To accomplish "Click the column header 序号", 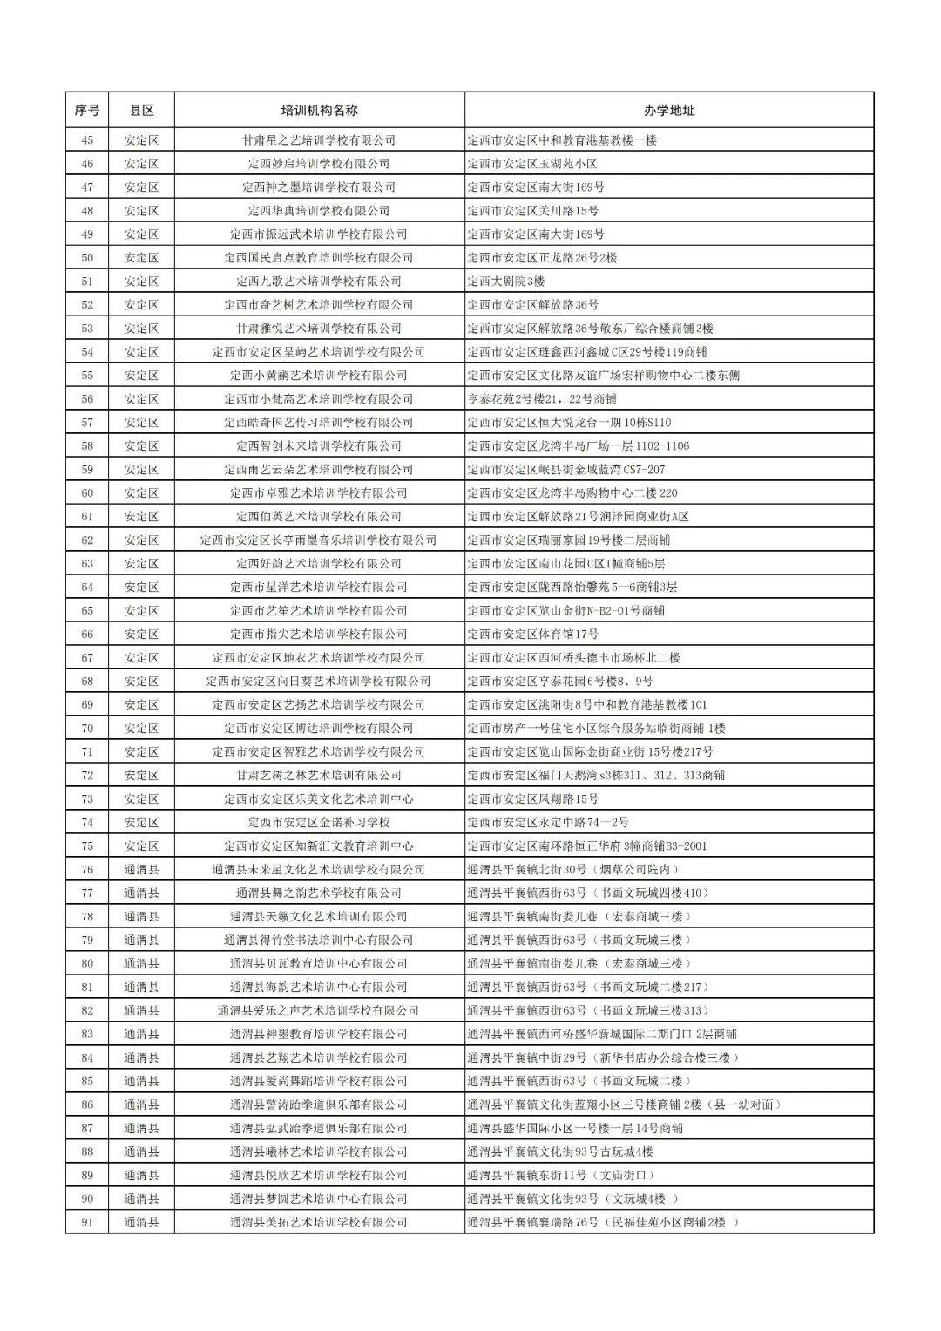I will click(x=87, y=111).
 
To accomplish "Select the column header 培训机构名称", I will click(x=319, y=111).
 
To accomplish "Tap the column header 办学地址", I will click(x=669, y=111).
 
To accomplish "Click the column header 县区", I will click(x=141, y=111).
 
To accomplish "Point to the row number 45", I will click(x=87, y=140).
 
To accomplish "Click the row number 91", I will click(x=87, y=1222).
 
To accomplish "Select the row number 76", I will click(x=87, y=869).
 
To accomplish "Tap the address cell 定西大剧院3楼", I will click(x=506, y=282).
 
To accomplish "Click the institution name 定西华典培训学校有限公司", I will click(x=319, y=211).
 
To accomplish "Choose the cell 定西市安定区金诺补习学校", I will click(x=319, y=822).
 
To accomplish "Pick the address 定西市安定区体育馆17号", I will click(x=533, y=635).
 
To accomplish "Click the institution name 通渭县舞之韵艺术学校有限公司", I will click(x=319, y=893).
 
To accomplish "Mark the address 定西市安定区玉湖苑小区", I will click(x=532, y=164).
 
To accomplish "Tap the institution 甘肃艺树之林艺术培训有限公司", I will click(x=319, y=775).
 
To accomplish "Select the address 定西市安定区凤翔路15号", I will click(x=533, y=798).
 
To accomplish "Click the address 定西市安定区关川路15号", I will click(x=533, y=211).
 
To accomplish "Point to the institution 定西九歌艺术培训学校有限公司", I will click(x=319, y=282).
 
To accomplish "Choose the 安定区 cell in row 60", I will click(x=141, y=493).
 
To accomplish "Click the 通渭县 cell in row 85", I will click(x=141, y=1081).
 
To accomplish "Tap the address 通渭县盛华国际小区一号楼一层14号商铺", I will click(x=575, y=1128).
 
